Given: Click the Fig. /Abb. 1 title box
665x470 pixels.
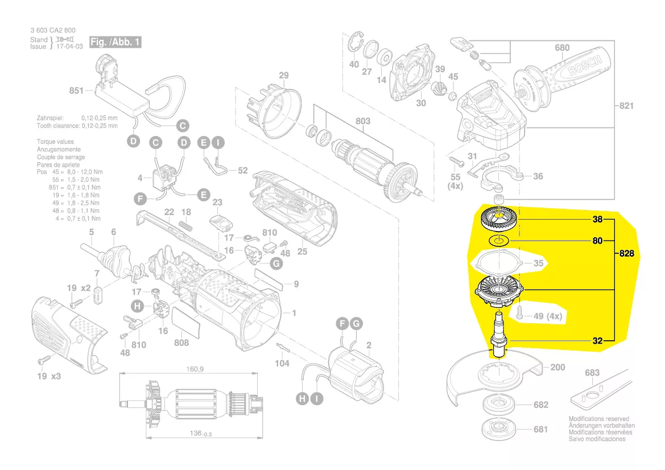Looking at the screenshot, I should [x=115, y=43].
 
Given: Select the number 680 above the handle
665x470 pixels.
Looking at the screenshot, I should [x=562, y=48].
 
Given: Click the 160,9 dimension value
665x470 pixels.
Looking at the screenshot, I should [x=195, y=369].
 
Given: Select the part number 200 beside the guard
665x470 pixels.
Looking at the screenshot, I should [x=557, y=367].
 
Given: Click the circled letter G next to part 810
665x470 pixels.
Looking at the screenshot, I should [x=276, y=263].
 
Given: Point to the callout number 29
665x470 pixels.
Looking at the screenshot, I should [x=283, y=76].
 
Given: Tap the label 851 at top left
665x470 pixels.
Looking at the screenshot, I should [x=76, y=90].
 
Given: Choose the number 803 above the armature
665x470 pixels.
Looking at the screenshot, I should [x=362, y=121].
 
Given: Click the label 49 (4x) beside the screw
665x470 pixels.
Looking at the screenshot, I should [x=548, y=316].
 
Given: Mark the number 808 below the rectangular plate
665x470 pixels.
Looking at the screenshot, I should [x=181, y=343].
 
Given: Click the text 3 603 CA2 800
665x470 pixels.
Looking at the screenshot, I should [x=52, y=31].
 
